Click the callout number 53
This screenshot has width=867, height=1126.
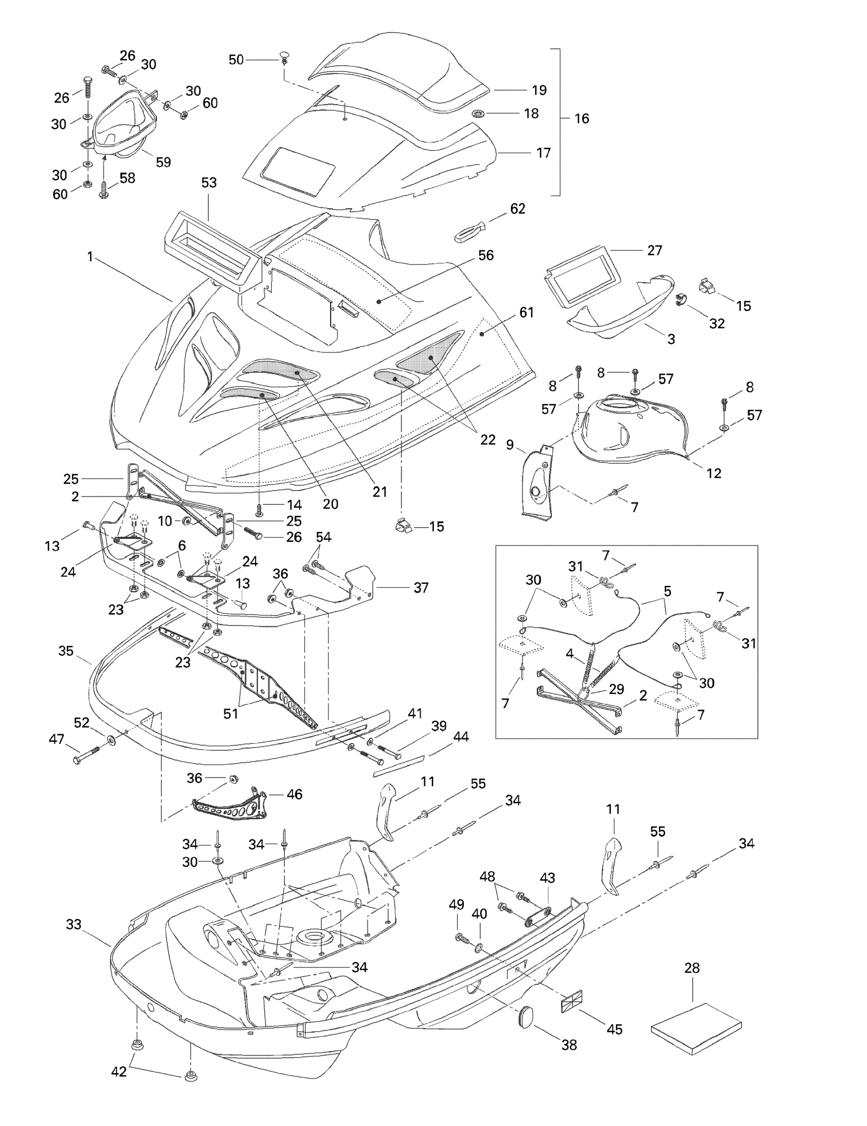coord(209,182)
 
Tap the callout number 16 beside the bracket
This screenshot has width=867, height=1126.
coord(582,119)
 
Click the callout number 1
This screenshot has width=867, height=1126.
coord(90,256)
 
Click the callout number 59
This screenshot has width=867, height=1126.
coord(164,162)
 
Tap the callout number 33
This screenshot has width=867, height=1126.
coord(74,924)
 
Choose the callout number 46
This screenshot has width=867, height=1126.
coord(295,794)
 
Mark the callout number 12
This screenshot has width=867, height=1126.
coord(714,473)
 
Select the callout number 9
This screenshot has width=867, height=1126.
coord(510,444)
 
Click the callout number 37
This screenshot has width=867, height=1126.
coord(421,587)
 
